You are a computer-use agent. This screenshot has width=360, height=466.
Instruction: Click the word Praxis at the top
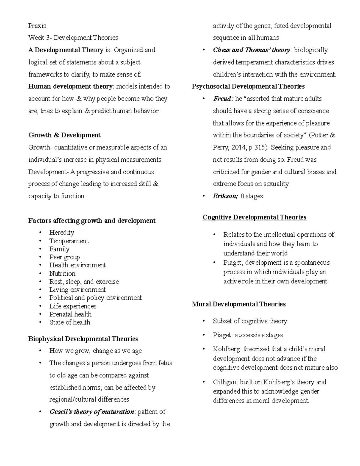pos(37,26)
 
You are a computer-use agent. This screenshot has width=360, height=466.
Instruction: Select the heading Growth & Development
pos(64,135)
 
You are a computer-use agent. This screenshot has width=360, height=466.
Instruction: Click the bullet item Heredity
pos(61,233)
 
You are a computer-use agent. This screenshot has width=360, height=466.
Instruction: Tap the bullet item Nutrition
pos(62,273)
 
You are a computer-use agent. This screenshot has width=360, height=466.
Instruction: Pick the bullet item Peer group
pos(64,257)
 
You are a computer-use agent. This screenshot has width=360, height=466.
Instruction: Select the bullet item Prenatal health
pos(70,314)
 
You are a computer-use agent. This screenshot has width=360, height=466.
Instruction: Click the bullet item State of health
pos(70,322)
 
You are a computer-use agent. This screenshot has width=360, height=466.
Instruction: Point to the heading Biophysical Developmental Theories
pos(83,339)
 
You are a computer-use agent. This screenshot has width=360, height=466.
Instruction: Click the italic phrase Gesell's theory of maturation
pos(91,412)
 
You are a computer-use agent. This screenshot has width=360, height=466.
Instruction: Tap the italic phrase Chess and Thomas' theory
pos(251,50)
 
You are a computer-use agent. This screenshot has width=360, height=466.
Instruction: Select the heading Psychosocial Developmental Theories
pos(248,86)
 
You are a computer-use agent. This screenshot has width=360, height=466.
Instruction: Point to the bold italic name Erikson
pos(225,196)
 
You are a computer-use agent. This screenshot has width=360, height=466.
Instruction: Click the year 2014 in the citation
pos(238,147)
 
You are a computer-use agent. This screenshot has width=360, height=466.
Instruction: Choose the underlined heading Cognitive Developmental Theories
pos(254,217)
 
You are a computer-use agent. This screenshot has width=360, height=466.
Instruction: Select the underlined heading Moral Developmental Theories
pos(238,304)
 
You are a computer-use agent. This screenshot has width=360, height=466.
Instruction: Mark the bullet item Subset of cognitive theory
pos(250,321)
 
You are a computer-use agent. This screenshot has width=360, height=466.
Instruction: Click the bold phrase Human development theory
pos(70,86)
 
